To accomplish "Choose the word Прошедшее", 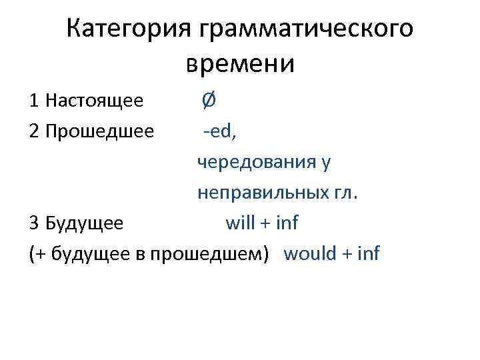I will tap(100, 131).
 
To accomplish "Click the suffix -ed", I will tap(218, 131).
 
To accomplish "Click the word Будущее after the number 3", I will tap(85, 223).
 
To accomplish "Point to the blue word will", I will tap(240, 223).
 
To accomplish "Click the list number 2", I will tap(34, 131).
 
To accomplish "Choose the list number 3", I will tap(34, 223).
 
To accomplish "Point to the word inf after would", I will tap(369, 253).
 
